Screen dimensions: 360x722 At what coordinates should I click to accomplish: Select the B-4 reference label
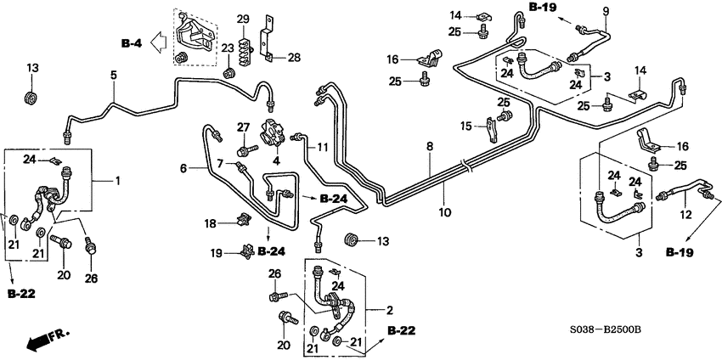click(131, 43)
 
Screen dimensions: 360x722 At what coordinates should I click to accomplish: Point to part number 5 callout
click(113, 76)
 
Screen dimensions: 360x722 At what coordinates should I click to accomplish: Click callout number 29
click(243, 20)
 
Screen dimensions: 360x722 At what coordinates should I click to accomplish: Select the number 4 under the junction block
click(276, 161)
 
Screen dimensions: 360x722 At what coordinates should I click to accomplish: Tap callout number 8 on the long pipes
click(430, 146)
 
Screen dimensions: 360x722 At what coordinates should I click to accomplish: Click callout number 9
click(606, 10)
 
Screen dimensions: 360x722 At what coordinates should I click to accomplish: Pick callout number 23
click(227, 48)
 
